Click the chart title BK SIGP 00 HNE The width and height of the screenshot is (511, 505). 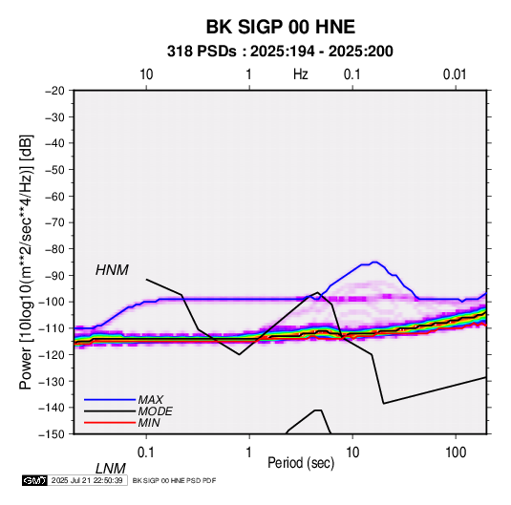(x=280, y=27)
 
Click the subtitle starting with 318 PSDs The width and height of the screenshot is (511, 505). (x=280, y=52)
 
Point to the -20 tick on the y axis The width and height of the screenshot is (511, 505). (x=54, y=91)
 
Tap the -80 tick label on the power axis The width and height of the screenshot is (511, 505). (x=54, y=249)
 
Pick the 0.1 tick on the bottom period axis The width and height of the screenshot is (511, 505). (x=146, y=452)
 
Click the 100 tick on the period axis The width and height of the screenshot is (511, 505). (x=456, y=452)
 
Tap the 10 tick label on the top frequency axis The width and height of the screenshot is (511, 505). (x=146, y=74)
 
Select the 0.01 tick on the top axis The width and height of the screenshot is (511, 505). (x=455, y=74)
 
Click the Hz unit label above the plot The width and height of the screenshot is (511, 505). (x=301, y=74)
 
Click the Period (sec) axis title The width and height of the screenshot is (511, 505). (x=301, y=463)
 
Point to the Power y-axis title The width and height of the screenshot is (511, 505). (x=26, y=263)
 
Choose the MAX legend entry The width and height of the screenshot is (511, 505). (x=150, y=400)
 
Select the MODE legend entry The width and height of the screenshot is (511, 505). (x=155, y=411)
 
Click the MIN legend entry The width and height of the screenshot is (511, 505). (x=149, y=423)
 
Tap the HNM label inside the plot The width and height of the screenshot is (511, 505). (x=112, y=270)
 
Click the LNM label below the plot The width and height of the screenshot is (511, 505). (x=110, y=469)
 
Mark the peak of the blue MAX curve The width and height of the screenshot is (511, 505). (x=374, y=262)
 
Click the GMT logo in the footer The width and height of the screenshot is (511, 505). (x=34, y=480)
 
